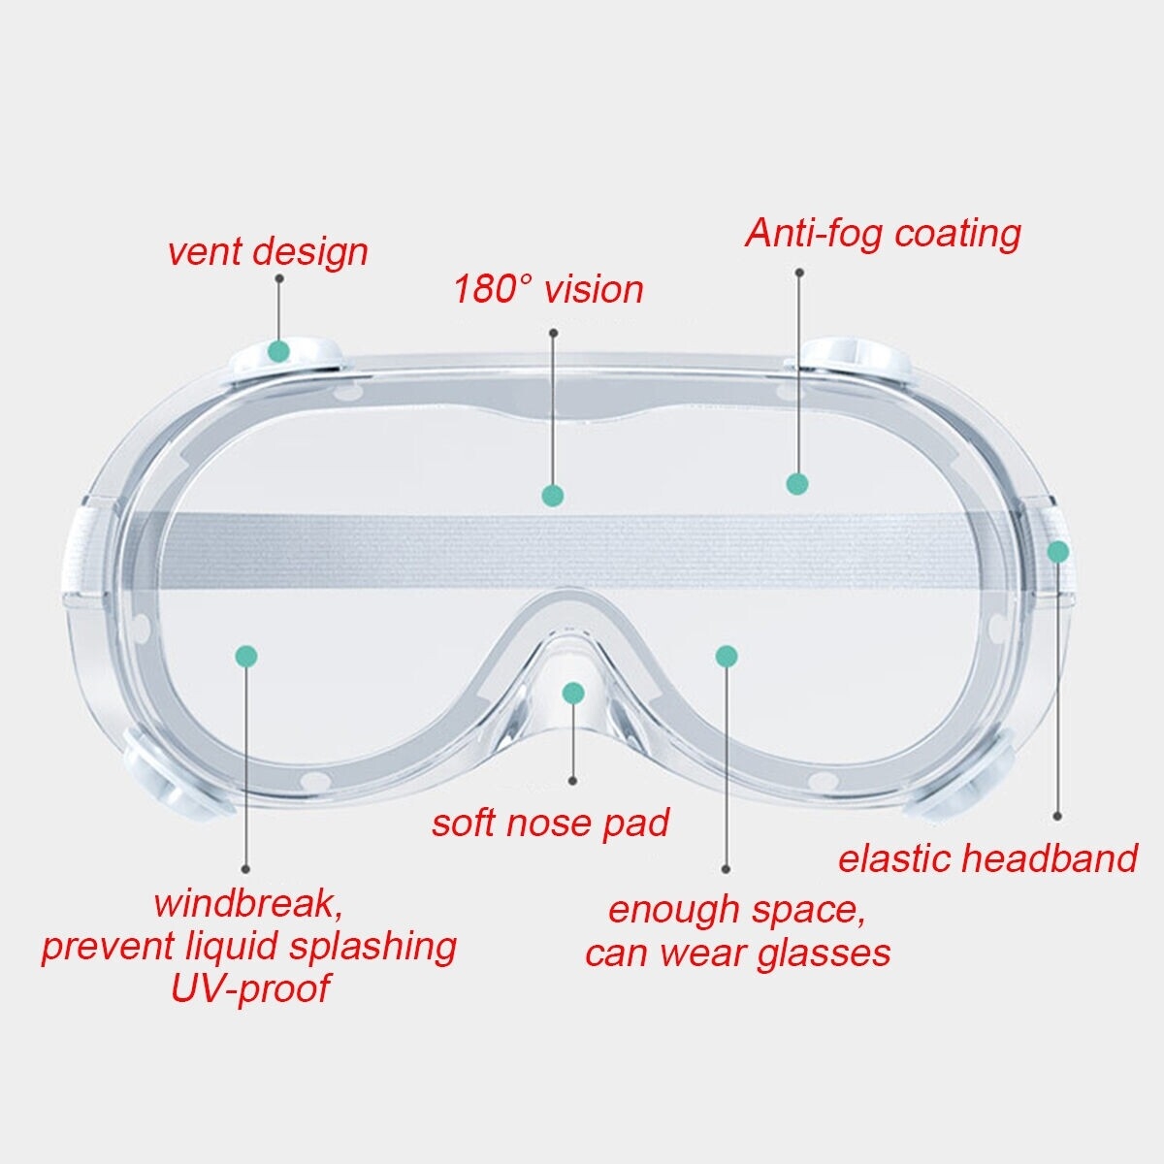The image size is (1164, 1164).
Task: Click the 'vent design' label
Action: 268,252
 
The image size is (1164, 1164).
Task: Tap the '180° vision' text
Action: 548,289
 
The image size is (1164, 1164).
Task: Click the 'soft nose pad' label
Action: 550,823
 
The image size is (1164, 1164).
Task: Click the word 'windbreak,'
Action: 248,904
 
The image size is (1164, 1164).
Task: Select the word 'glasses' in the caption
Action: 824,954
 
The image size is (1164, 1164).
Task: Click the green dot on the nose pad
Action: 573,693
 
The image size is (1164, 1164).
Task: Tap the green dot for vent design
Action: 278,350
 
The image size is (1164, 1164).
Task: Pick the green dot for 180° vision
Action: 553,496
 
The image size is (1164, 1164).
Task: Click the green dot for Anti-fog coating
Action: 797,484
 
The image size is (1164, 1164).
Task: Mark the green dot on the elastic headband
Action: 1057,552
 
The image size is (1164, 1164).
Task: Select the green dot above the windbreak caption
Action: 246,656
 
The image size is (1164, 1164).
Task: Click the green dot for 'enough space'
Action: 727,656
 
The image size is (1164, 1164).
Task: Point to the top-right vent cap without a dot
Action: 857,357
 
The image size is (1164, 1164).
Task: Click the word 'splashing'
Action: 372,947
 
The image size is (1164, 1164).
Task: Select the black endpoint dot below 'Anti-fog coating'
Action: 799,273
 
